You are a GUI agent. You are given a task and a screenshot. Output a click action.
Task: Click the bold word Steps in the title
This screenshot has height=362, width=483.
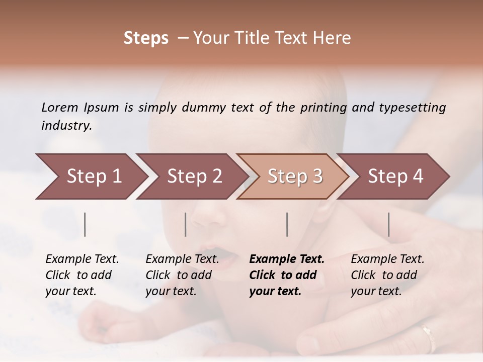[146, 38]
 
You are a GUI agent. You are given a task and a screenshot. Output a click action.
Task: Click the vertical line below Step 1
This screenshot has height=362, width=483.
[85, 224]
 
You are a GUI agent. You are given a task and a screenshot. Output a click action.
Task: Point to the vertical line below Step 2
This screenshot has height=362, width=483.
[186, 224]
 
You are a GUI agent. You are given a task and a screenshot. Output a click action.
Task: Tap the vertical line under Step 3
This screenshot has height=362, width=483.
[287, 224]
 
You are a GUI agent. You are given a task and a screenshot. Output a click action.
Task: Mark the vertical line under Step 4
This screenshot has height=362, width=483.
[388, 224]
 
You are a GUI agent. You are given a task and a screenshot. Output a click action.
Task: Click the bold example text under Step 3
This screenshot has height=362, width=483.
[287, 275]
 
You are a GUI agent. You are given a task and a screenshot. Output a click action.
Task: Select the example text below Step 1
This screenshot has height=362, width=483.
[82, 275]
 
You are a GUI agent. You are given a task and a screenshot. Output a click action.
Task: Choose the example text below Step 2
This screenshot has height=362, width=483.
[182, 275]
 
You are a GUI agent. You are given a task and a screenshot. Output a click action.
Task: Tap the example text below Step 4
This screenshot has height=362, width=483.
[387, 275]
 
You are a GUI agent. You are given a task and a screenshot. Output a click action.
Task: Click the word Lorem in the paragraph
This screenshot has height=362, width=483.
[59, 107]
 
